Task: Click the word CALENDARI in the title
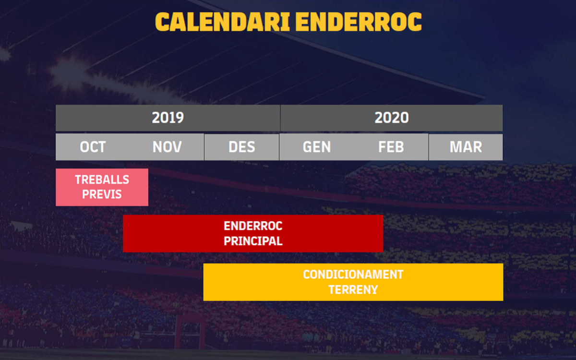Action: tap(223, 22)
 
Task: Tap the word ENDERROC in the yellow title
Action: tap(359, 22)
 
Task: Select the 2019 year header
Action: tap(168, 118)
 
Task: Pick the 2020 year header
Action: tap(391, 118)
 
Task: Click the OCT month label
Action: tap(93, 147)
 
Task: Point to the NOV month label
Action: tap(167, 147)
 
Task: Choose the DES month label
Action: tap(242, 147)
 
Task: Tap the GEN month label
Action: tap(316, 147)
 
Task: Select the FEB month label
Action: tap(391, 147)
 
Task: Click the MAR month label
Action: tap(466, 147)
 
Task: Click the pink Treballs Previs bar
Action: tap(102, 187)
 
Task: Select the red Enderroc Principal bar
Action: tap(253, 233)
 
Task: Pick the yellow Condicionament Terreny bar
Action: tap(353, 282)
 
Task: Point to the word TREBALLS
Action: tap(102, 180)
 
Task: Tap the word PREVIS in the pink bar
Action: tap(102, 194)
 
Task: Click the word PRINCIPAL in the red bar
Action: tap(253, 241)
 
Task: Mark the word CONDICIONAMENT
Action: tap(353, 275)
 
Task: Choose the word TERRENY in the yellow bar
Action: tap(353, 290)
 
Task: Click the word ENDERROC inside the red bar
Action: tap(253, 226)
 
